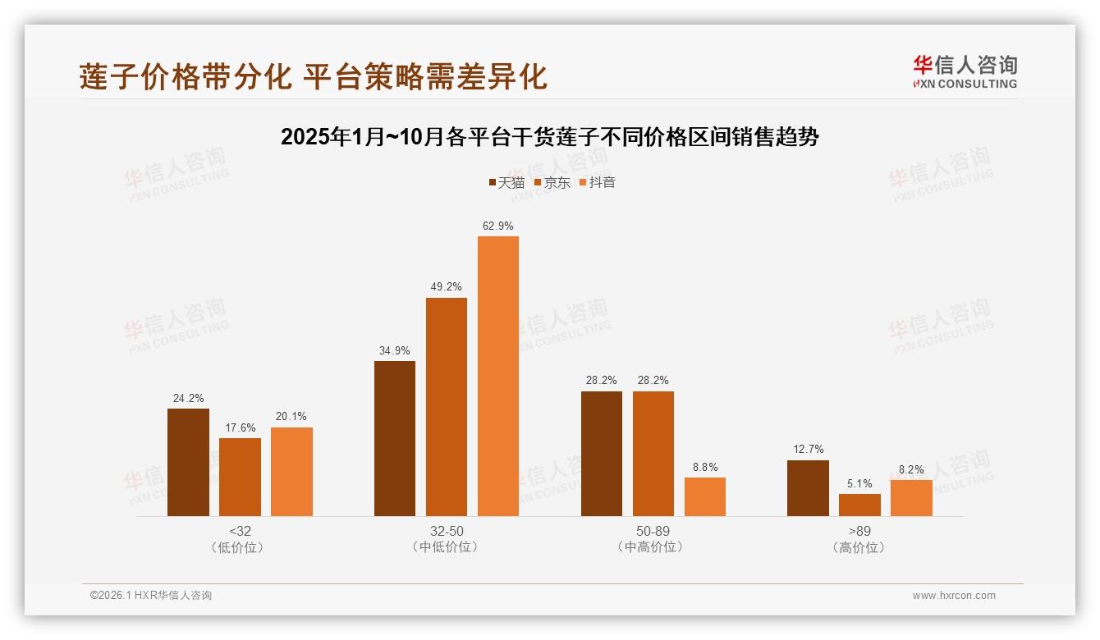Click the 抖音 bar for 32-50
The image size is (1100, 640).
[498, 376]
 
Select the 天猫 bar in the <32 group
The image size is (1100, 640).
[188, 462]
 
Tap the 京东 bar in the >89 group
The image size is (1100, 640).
[859, 505]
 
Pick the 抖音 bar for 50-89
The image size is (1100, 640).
[705, 496]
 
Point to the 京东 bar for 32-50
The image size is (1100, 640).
[447, 407]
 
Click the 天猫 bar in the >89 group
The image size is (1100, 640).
[808, 488]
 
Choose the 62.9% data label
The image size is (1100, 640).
[498, 226]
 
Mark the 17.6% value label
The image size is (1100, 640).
[240, 427]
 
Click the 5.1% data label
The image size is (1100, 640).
[859, 483]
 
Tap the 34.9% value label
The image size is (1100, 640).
[395, 350]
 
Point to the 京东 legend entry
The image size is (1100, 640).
[552, 182]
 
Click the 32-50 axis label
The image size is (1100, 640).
[447, 531]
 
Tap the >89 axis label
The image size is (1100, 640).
[859, 531]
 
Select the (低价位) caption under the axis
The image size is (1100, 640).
[240, 547]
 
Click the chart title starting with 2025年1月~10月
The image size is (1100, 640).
[549, 137]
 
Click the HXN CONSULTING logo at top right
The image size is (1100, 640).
[965, 72]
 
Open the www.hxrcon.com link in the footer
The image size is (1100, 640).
[954, 596]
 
